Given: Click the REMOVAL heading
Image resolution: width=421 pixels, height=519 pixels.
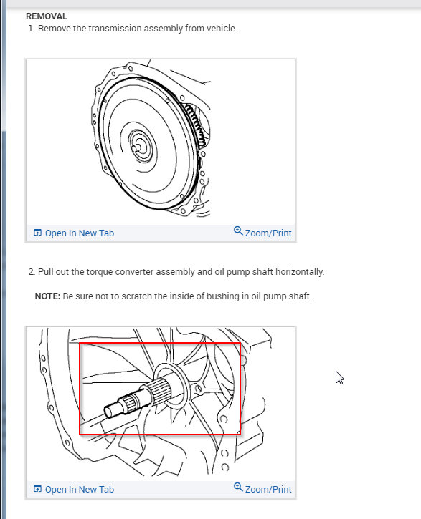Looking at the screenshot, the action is click(47, 16).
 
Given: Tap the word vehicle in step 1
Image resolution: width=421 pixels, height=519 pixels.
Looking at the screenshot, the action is click(222, 29).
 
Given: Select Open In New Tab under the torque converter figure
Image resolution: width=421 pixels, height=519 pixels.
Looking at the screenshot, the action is click(80, 233).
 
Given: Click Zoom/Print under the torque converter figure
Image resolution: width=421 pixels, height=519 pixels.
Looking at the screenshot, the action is click(268, 233).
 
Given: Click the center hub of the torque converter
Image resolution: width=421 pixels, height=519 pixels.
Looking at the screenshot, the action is click(138, 147).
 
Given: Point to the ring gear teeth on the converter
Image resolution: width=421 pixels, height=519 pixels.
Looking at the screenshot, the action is click(196, 126).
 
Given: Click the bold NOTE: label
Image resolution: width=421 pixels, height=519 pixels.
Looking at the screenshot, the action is click(47, 296).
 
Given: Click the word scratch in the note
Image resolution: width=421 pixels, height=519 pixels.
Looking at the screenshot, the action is click(136, 296).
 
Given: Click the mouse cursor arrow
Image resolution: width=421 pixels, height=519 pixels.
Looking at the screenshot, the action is click(339, 377).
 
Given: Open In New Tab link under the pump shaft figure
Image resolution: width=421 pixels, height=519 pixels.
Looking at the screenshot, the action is click(80, 489).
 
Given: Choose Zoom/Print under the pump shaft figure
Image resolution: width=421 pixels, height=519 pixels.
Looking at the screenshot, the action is click(268, 489).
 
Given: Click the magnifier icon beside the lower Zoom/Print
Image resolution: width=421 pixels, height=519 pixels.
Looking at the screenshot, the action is click(238, 487).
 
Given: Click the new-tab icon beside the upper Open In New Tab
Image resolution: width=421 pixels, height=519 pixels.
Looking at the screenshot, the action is click(37, 233).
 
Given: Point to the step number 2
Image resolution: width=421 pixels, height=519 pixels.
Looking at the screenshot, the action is click(32, 272).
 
